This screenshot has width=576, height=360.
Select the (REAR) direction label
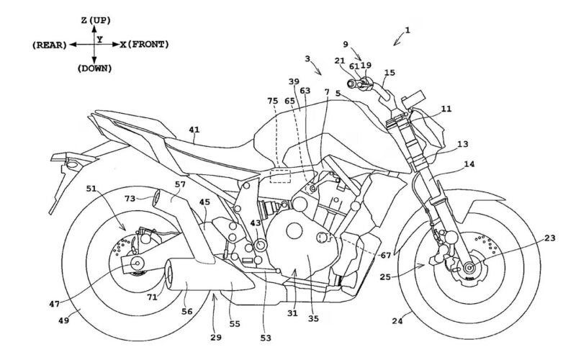pos(49,45)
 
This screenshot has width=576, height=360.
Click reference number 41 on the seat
pos(194,130)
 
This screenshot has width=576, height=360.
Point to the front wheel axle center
pos(458,272)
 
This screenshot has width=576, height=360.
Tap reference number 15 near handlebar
pos(390,73)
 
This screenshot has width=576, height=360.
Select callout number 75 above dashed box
pos(272,102)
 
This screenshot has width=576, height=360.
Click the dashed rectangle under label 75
pos(278,175)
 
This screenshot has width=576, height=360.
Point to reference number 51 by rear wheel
pos(91,189)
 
